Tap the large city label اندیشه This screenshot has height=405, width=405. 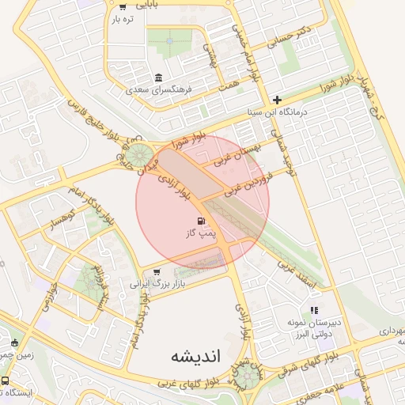point(198,358)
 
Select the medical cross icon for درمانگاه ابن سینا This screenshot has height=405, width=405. point(276,100)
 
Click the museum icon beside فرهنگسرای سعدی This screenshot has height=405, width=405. point(159,78)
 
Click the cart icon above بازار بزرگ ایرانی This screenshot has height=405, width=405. point(157,271)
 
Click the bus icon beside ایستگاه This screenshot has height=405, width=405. point(6,381)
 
